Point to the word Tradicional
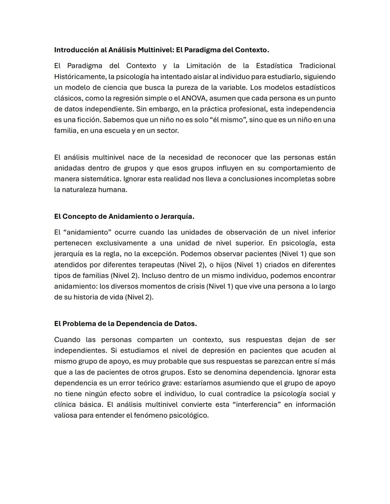click(317, 66)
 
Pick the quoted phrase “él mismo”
click(227, 120)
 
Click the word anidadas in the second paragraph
click(69, 168)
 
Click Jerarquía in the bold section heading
click(178, 216)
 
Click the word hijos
click(224, 265)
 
